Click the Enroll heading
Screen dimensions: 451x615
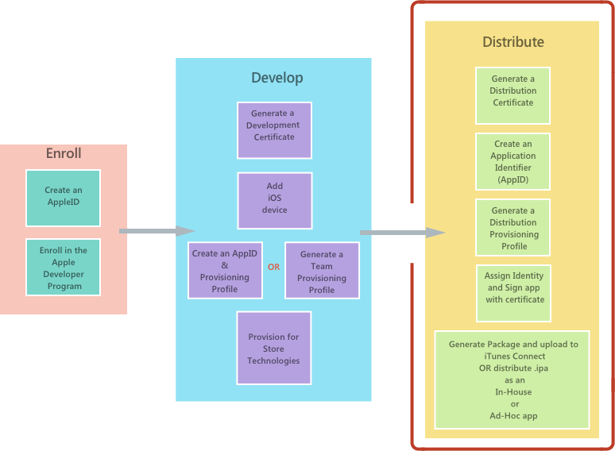pyautogui.click(x=64, y=153)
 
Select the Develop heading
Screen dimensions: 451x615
pyautogui.click(x=277, y=77)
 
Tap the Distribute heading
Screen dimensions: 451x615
pyautogui.click(x=512, y=41)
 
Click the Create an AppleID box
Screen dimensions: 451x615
pyautogui.click(x=63, y=196)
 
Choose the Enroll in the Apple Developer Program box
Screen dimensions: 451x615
pyautogui.click(x=64, y=268)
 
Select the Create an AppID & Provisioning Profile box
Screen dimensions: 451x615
pyautogui.click(x=225, y=270)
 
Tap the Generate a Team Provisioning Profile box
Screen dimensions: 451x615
pyautogui.click(x=322, y=271)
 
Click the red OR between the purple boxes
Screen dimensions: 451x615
pyautogui.click(x=273, y=267)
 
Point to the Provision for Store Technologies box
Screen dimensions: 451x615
pyautogui.click(x=273, y=349)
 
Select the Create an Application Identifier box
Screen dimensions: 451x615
pyautogui.click(x=512, y=162)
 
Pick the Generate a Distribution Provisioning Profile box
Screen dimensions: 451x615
pyautogui.click(x=513, y=228)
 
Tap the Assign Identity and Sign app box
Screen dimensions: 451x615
pyautogui.click(x=514, y=292)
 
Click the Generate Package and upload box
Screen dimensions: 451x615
pyautogui.click(x=512, y=380)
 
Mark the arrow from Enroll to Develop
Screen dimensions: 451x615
pyautogui.click(x=157, y=231)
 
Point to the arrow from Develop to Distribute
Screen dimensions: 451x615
pyautogui.click(x=401, y=232)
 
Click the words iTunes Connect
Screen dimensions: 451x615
pyautogui.click(x=512, y=357)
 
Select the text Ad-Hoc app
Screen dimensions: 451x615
pyautogui.click(x=512, y=415)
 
